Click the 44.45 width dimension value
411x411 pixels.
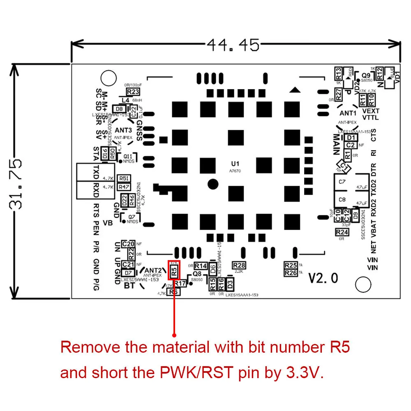pos(233,44)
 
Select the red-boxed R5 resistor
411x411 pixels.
pos(174,271)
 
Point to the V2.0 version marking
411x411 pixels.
pos(323,278)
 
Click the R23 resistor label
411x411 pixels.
pos(133,92)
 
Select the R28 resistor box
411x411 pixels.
pos(239,265)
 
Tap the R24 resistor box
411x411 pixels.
pos(342,232)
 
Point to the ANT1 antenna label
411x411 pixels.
pos(348,113)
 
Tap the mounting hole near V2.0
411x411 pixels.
pos(363,284)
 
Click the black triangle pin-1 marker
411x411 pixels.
pos(294,90)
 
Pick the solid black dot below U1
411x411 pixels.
pos(212,184)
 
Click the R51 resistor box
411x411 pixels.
pos(123,178)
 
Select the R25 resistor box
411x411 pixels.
pos(291,266)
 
